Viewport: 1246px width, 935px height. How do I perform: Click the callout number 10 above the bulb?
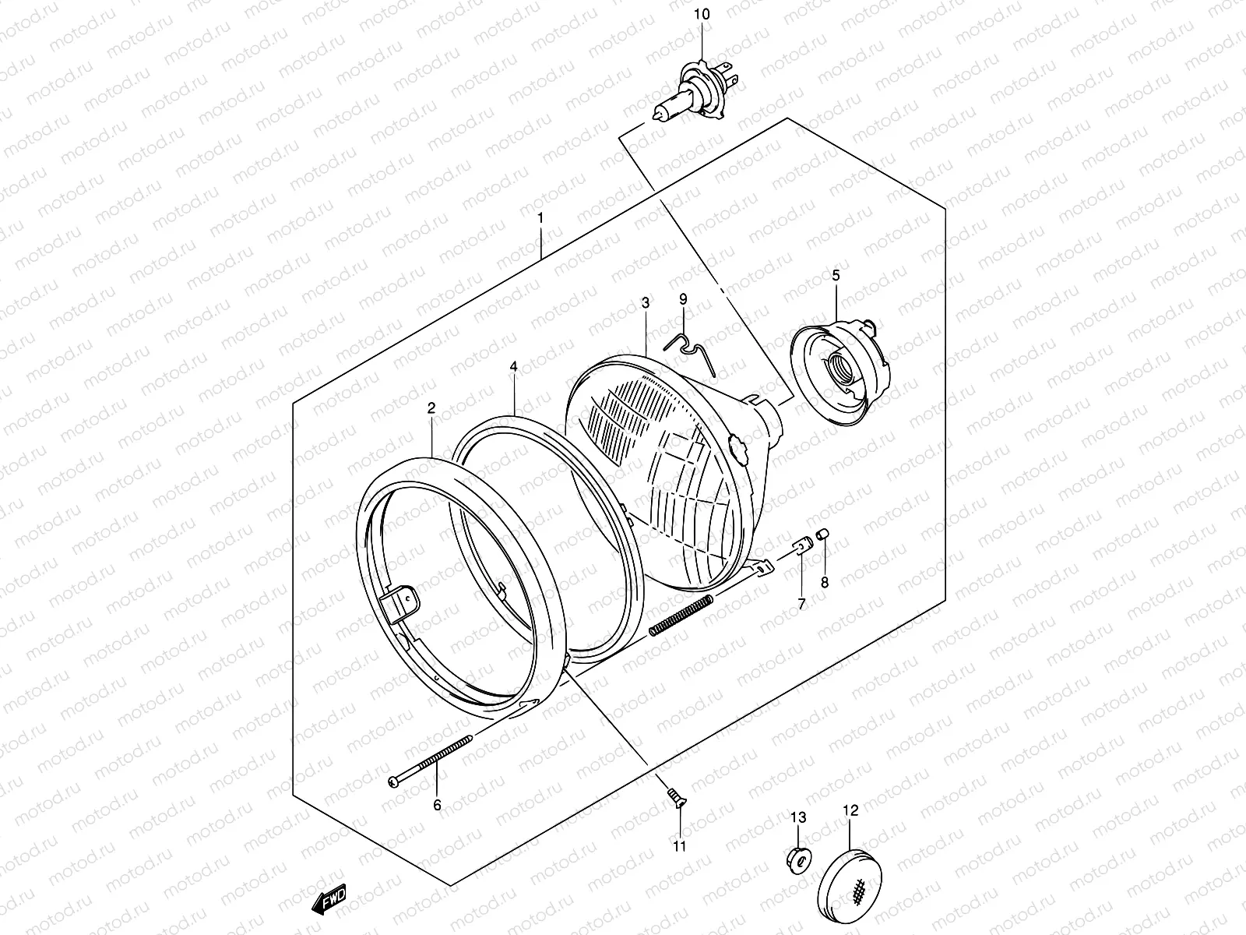pos(703,14)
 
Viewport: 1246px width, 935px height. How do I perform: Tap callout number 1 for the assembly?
pos(539,218)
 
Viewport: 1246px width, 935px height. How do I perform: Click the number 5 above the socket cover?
pos(836,275)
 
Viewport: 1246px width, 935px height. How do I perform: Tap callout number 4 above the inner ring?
pos(514,365)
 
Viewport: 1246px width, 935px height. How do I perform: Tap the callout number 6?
pos(437,805)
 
